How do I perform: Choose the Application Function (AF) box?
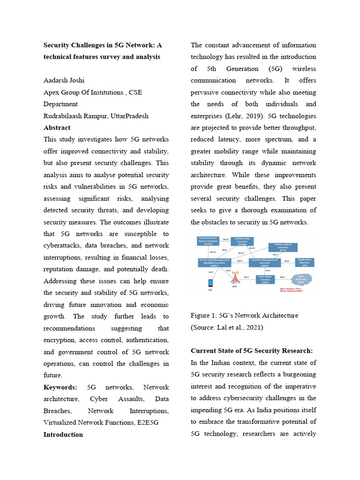click(305, 262)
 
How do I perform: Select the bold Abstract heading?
click(57, 127)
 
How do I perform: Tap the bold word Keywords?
click(60, 387)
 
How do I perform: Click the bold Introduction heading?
click(63, 435)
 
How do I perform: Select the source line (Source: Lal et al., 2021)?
click(227, 328)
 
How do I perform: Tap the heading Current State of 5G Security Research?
click(252, 351)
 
